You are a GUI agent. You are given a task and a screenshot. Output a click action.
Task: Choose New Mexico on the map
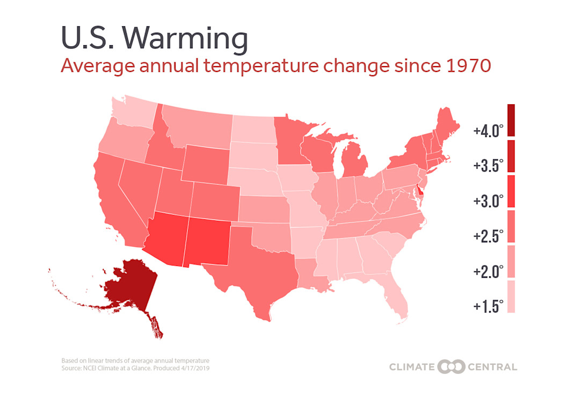(x=207, y=242)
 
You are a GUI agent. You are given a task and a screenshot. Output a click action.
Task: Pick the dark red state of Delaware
(x=420, y=191)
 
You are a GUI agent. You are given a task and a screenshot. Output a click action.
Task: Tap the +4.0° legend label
(x=488, y=131)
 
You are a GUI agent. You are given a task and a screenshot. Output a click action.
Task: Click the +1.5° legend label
(x=488, y=306)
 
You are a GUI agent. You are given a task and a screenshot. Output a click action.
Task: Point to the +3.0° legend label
(x=488, y=201)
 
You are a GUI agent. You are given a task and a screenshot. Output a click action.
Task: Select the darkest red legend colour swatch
(x=511, y=120)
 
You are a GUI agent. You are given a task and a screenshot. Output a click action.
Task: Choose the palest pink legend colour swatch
(x=511, y=296)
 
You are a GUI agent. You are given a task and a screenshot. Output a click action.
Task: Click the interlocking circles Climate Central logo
(x=450, y=367)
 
